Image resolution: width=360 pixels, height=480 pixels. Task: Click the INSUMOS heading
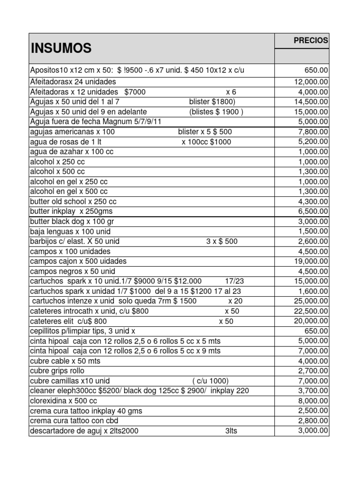pos(61,48)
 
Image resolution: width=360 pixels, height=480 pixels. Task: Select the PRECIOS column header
pos(311,41)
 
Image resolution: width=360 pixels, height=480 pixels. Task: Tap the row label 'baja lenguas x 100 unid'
pos(70,232)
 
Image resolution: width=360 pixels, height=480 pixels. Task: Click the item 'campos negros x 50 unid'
pos(72,271)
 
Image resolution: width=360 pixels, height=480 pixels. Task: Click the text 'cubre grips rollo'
pos(56,371)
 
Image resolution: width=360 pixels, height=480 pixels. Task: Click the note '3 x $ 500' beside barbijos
pos(222,241)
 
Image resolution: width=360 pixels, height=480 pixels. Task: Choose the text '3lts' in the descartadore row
pos(231,431)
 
